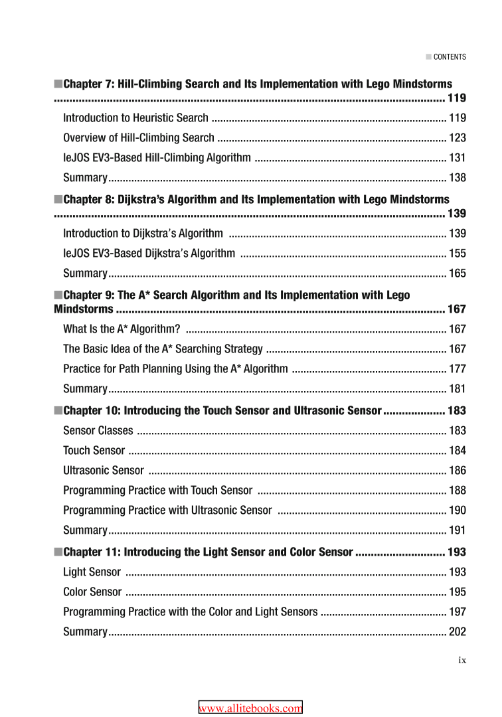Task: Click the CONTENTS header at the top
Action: (449, 57)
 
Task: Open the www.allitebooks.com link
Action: (250, 708)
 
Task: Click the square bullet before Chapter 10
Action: (58, 411)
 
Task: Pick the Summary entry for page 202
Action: (85, 632)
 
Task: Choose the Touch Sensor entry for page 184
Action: (94, 451)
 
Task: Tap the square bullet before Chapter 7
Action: (58, 84)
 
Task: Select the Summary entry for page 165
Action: (85, 273)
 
